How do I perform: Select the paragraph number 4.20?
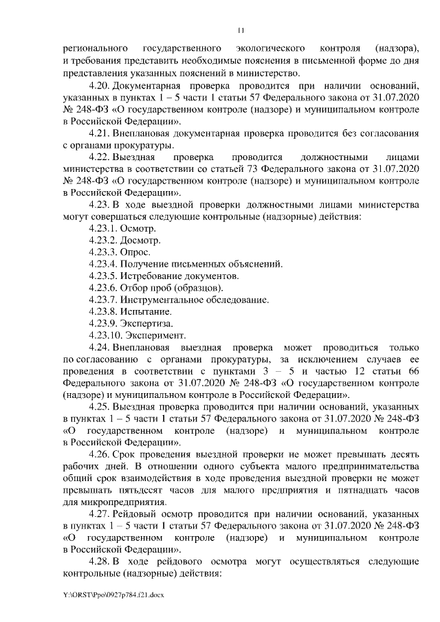(99, 85)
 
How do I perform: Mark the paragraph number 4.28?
(99, 562)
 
